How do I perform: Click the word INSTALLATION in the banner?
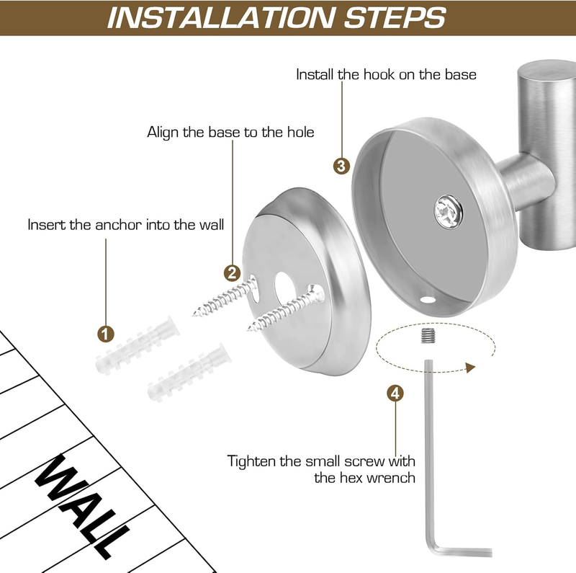pos(220,17)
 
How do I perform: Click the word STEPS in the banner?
pos(395,17)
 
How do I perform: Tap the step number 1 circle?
pos(106,334)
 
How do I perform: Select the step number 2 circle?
pos(232,273)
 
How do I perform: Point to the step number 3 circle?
pos(341,166)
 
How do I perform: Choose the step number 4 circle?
pos(395,394)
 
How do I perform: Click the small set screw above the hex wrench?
pos(428,335)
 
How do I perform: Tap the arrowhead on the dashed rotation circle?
pos(470,367)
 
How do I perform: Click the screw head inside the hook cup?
pos(448,212)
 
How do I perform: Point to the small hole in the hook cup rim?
pos(428,300)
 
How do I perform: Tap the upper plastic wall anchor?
pos(138,345)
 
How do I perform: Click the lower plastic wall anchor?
pos(189,372)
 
